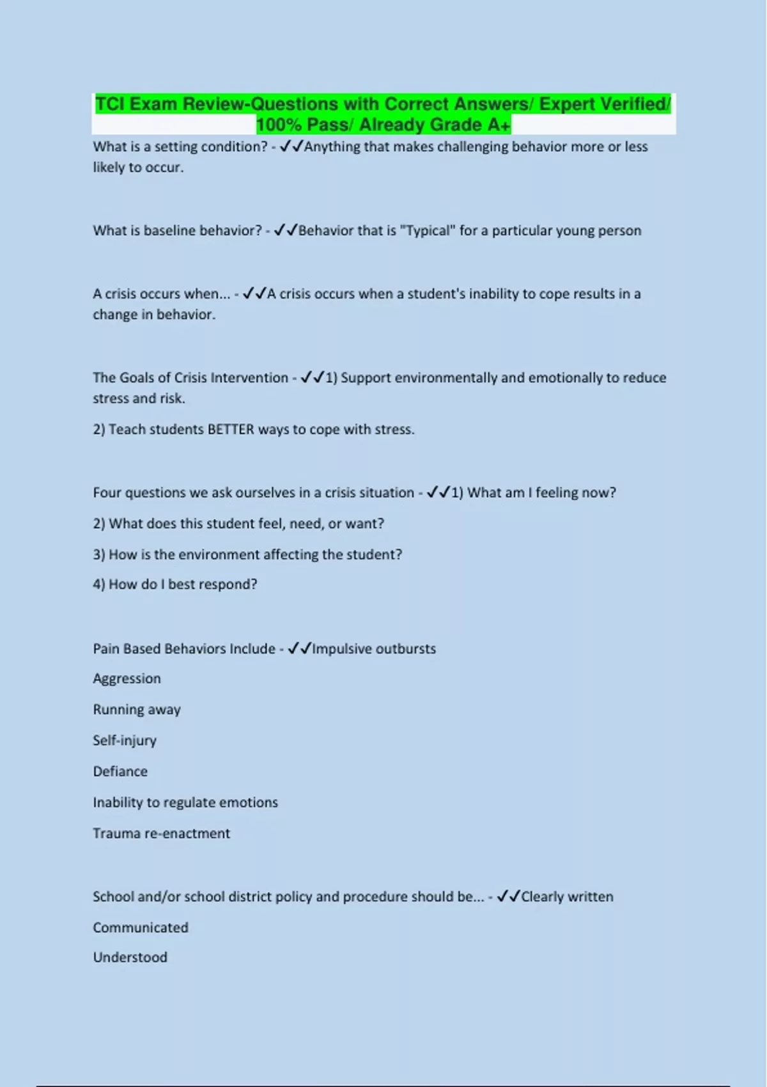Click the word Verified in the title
coord(633,104)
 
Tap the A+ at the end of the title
coord(499,125)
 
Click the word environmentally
coord(445,378)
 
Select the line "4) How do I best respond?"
coord(175,584)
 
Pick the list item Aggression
coord(127,679)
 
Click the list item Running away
coord(137,710)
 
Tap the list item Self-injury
coord(125,740)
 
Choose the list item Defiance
coord(120,772)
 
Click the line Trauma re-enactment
coord(161,834)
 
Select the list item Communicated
coord(141,928)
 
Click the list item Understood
coord(130,958)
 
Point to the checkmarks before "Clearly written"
coord(509,896)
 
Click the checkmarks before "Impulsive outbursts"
coord(299,648)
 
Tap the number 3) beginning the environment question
coord(99,555)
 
